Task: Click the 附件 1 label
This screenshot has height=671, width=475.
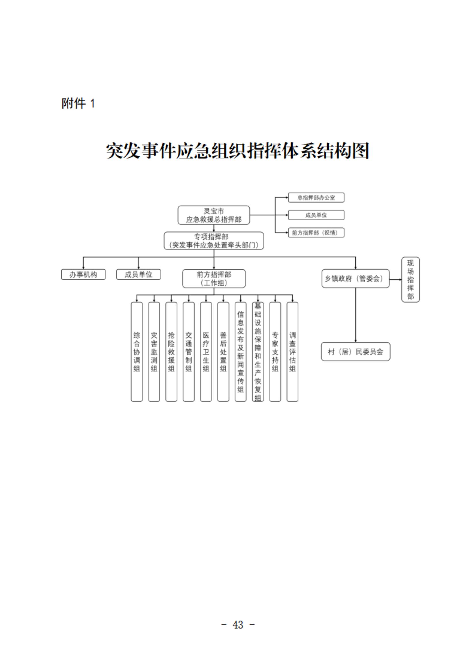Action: click(x=78, y=103)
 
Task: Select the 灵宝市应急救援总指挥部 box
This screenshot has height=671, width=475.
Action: click(x=214, y=215)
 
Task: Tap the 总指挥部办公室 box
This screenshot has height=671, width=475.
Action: click(x=316, y=198)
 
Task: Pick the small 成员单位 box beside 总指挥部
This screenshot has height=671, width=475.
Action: click(x=316, y=215)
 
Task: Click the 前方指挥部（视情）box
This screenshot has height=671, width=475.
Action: click(x=316, y=233)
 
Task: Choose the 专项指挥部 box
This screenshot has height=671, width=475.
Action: click(x=214, y=241)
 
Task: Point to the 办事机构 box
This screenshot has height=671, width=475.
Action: click(x=83, y=274)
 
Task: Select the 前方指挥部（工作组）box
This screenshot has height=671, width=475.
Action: click(x=214, y=279)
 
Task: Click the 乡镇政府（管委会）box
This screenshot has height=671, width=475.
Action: click(x=355, y=279)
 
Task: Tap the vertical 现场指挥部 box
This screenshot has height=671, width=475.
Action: click(x=410, y=280)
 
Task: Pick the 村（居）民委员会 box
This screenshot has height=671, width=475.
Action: click(x=355, y=351)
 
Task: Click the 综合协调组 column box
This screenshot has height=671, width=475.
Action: click(x=137, y=351)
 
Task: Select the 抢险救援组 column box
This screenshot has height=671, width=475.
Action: click(x=171, y=351)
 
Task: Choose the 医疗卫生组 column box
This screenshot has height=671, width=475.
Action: click(x=206, y=351)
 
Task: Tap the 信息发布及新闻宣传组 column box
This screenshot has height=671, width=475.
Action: click(x=240, y=351)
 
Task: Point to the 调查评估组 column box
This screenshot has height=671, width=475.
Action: click(x=292, y=351)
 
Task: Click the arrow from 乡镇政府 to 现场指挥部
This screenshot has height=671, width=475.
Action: click(x=396, y=280)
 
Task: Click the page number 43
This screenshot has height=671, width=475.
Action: click(x=238, y=625)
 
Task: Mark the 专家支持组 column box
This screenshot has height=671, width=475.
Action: click(x=275, y=351)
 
